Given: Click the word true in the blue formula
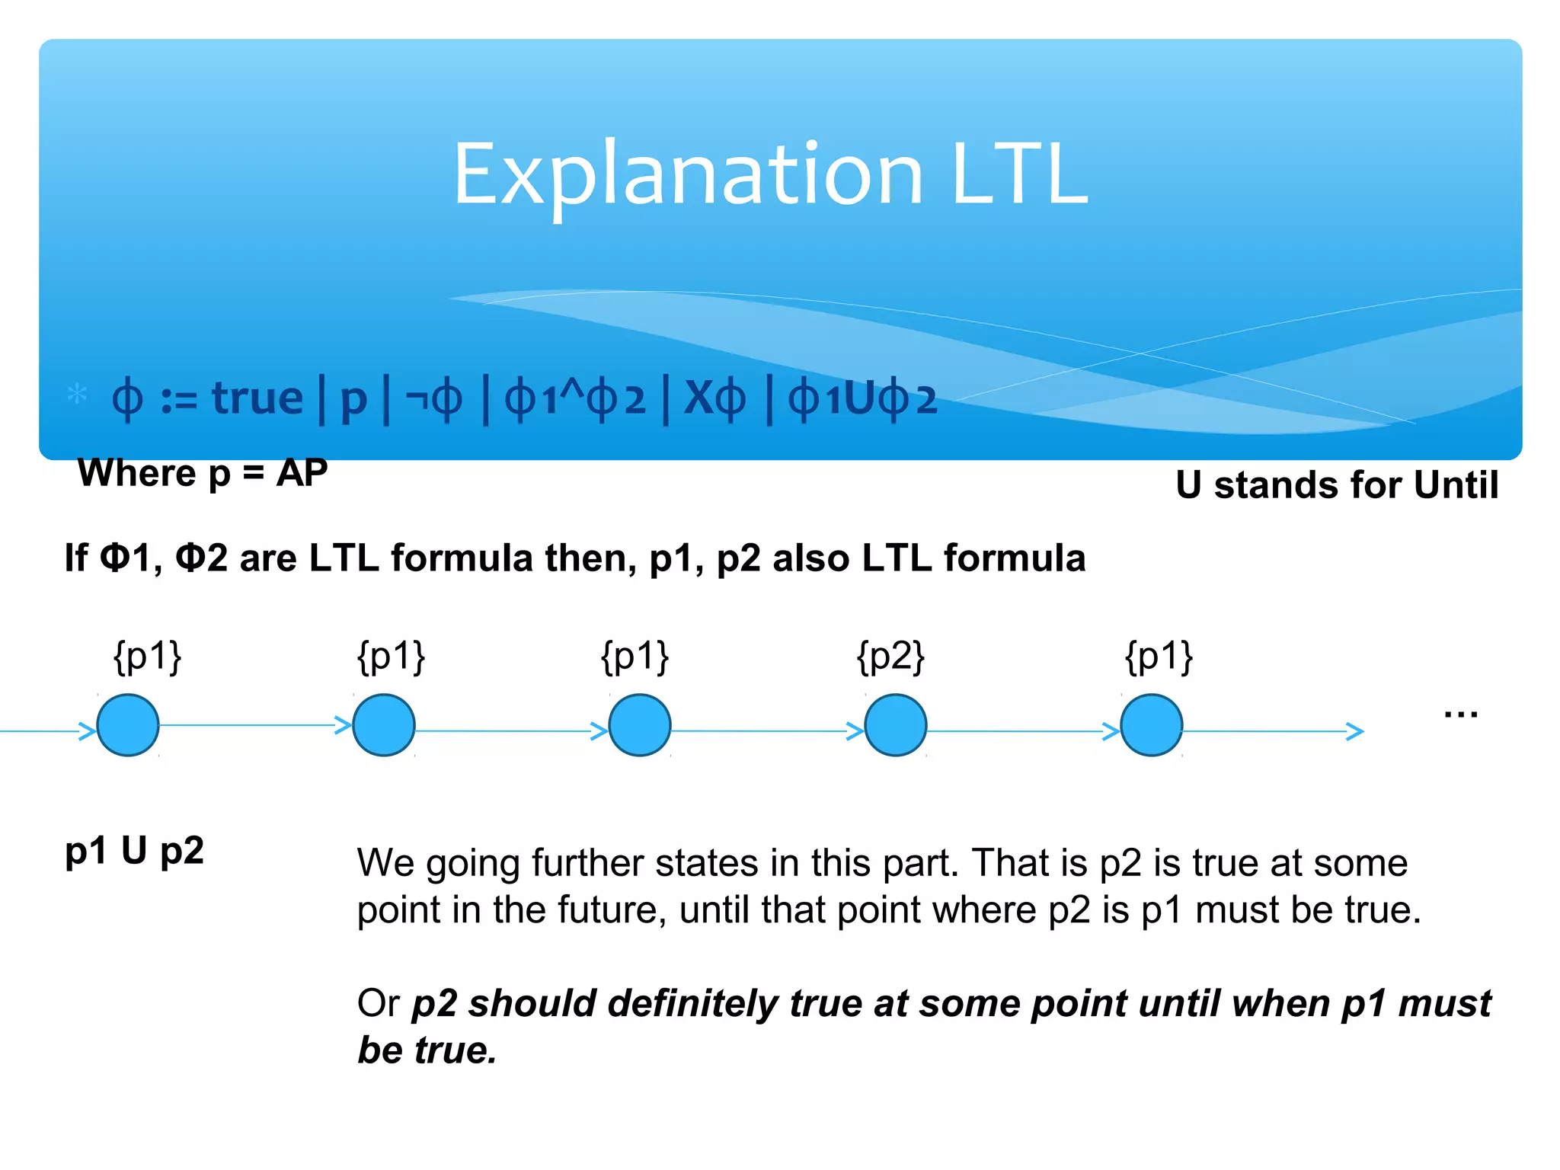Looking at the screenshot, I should (257, 398).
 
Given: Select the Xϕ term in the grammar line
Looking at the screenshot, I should (714, 398).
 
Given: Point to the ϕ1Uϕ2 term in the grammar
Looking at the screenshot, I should (862, 399).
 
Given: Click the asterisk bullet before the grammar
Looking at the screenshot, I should (77, 395).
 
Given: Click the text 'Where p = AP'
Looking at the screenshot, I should (203, 473).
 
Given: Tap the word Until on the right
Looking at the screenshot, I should (1456, 485).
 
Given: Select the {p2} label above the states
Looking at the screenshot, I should (890, 657).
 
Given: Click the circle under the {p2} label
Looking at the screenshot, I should (896, 725).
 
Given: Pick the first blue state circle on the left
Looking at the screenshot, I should (128, 725).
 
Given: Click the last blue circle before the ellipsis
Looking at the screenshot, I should (1152, 725).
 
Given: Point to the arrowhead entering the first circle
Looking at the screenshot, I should (88, 731).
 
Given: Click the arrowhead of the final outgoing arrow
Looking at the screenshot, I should (1355, 731).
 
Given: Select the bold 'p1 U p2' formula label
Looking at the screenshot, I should (135, 851).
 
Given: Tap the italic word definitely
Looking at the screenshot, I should (692, 1003).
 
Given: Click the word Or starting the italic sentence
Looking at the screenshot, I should (378, 1003).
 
